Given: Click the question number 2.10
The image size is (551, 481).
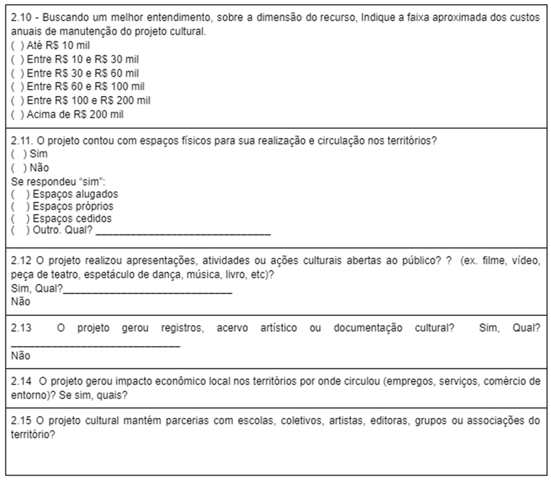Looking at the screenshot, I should pos(22,17).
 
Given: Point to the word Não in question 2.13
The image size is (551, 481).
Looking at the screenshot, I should pos(21,356).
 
